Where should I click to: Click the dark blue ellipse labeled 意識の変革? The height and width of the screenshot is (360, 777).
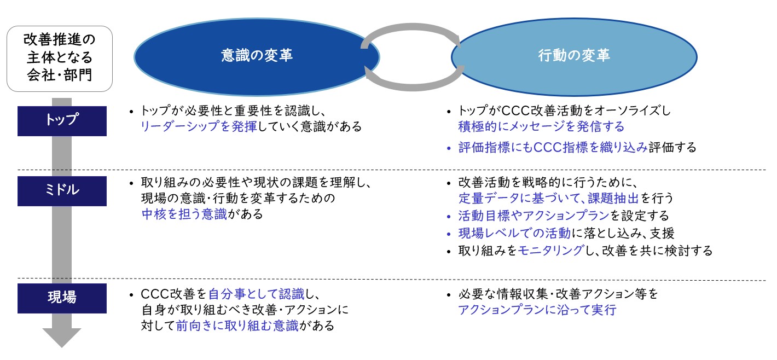(x=257, y=57)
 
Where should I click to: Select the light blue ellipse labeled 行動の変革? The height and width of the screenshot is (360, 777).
(x=574, y=57)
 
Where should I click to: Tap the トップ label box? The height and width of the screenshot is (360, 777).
(x=62, y=121)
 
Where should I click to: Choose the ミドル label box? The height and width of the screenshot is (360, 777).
(x=62, y=191)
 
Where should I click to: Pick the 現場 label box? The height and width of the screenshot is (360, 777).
(x=62, y=298)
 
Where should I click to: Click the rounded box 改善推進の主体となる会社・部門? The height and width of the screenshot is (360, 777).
(x=60, y=59)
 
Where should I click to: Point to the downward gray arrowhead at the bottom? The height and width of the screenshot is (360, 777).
(x=62, y=338)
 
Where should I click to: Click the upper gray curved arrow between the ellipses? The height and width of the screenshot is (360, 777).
(x=412, y=28)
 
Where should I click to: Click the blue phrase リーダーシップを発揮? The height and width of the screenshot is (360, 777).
(x=199, y=126)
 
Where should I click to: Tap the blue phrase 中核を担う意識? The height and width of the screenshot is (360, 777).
(x=184, y=214)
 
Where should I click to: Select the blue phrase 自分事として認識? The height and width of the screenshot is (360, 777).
(x=256, y=294)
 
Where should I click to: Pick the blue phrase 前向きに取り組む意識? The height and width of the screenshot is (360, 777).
(x=237, y=326)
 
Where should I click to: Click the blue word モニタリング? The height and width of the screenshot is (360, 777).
(x=551, y=251)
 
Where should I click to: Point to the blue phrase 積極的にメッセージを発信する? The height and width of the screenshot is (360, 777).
(x=541, y=126)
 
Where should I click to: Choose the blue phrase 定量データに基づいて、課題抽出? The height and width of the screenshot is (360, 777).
(x=548, y=198)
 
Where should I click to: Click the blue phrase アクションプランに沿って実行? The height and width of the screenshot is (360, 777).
(x=537, y=310)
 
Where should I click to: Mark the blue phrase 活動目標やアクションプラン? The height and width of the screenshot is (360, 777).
(x=534, y=216)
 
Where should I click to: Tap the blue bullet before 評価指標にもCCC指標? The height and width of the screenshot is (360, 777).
(x=449, y=148)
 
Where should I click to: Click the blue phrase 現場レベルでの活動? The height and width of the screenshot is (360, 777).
(x=514, y=233)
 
